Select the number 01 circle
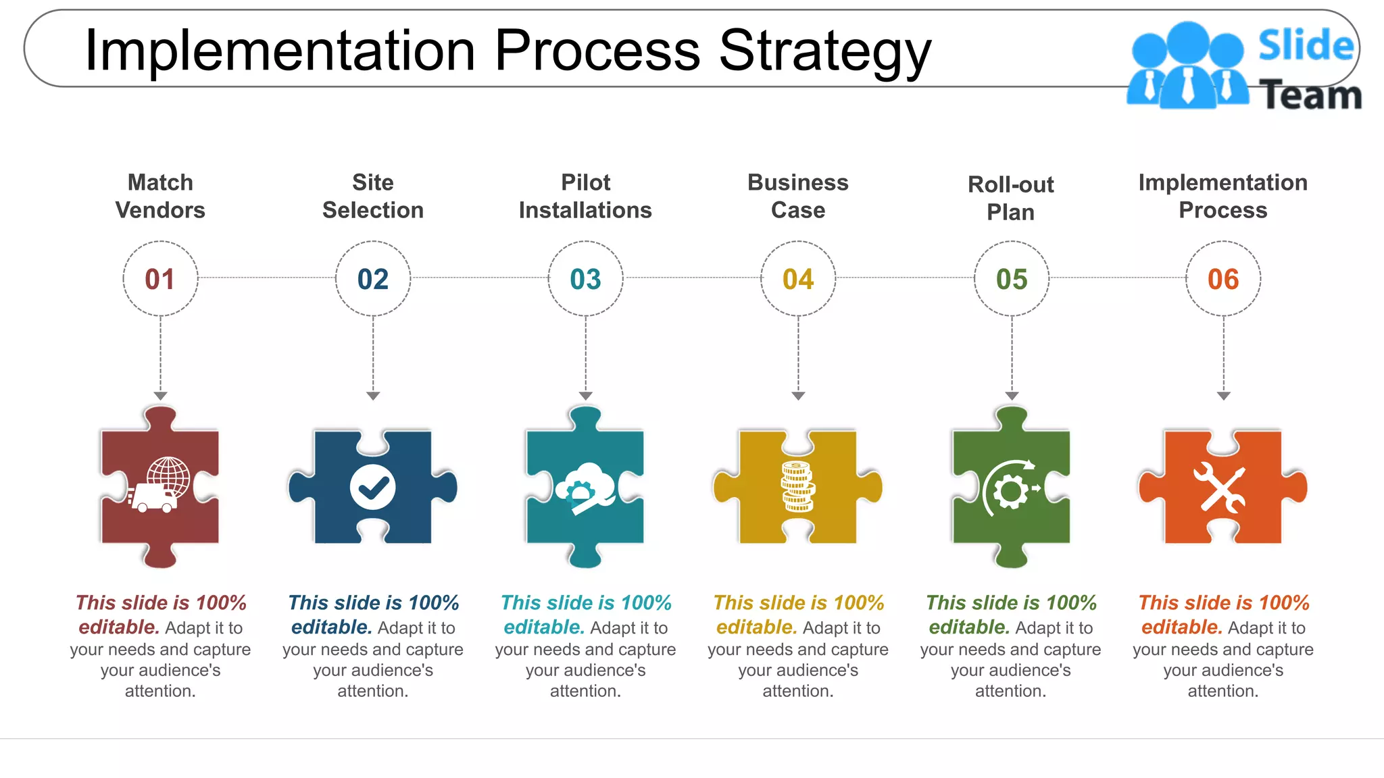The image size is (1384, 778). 160,279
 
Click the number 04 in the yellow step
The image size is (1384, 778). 798,279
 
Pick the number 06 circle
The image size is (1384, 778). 1223,279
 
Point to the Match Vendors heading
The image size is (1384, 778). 160,196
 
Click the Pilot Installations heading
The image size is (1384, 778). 585,196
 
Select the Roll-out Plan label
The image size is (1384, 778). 1011,198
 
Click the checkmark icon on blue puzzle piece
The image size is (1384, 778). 373,487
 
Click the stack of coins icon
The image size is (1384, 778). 798,487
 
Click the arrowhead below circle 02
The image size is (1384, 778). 373,396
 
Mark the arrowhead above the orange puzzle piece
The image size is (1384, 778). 1223,396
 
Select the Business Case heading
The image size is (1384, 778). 798,196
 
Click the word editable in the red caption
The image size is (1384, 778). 119,627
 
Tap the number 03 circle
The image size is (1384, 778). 585,279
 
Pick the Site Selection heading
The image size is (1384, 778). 373,196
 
